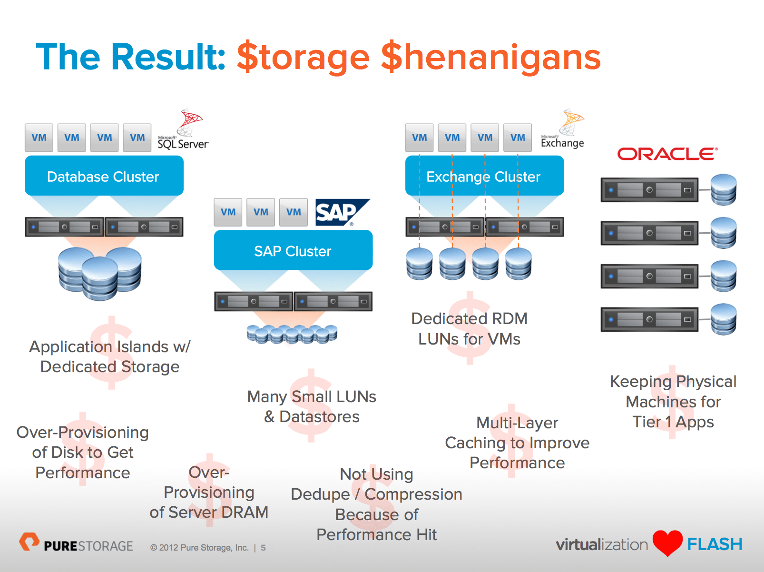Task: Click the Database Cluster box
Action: (x=104, y=176)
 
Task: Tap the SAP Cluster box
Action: (x=293, y=250)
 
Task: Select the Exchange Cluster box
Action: (x=484, y=176)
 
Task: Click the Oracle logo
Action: (x=667, y=154)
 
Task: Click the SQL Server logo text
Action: (x=183, y=144)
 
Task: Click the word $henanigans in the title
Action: (x=490, y=57)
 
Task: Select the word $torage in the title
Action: (x=303, y=57)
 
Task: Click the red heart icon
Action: (x=667, y=542)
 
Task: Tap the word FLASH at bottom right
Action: (x=715, y=544)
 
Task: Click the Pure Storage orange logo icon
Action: (x=29, y=542)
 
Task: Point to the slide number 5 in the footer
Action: (x=263, y=548)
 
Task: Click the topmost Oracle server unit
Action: (x=649, y=190)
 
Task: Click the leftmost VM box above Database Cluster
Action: (x=39, y=138)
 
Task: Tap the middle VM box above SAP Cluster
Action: (x=261, y=212)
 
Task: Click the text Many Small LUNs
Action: (x=312, y=396)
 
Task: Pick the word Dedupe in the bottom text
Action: (x=320, y=494)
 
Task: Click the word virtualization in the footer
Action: (x=602, y=544)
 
